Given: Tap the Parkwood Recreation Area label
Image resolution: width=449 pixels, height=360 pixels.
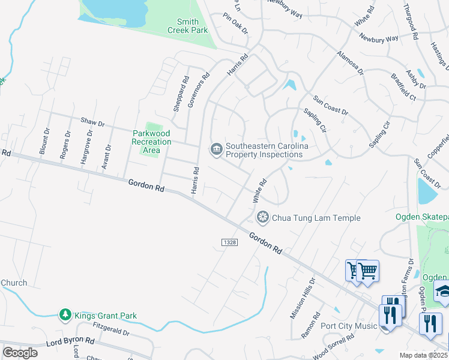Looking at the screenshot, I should [151, 142].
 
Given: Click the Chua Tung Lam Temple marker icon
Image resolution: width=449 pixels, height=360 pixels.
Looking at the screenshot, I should [262, 217].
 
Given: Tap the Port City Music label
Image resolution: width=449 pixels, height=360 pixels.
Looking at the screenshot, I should [349, 326].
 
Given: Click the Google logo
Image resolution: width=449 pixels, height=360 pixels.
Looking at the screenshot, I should [20, 353].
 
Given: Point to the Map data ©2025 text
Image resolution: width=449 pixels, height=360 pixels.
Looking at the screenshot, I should [424, 355].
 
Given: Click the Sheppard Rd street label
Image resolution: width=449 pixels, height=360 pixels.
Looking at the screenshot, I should [178, 93].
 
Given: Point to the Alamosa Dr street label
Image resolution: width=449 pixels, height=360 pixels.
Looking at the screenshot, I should [350, 62].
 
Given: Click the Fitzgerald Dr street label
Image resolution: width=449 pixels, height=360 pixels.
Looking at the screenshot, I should [112, 329].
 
